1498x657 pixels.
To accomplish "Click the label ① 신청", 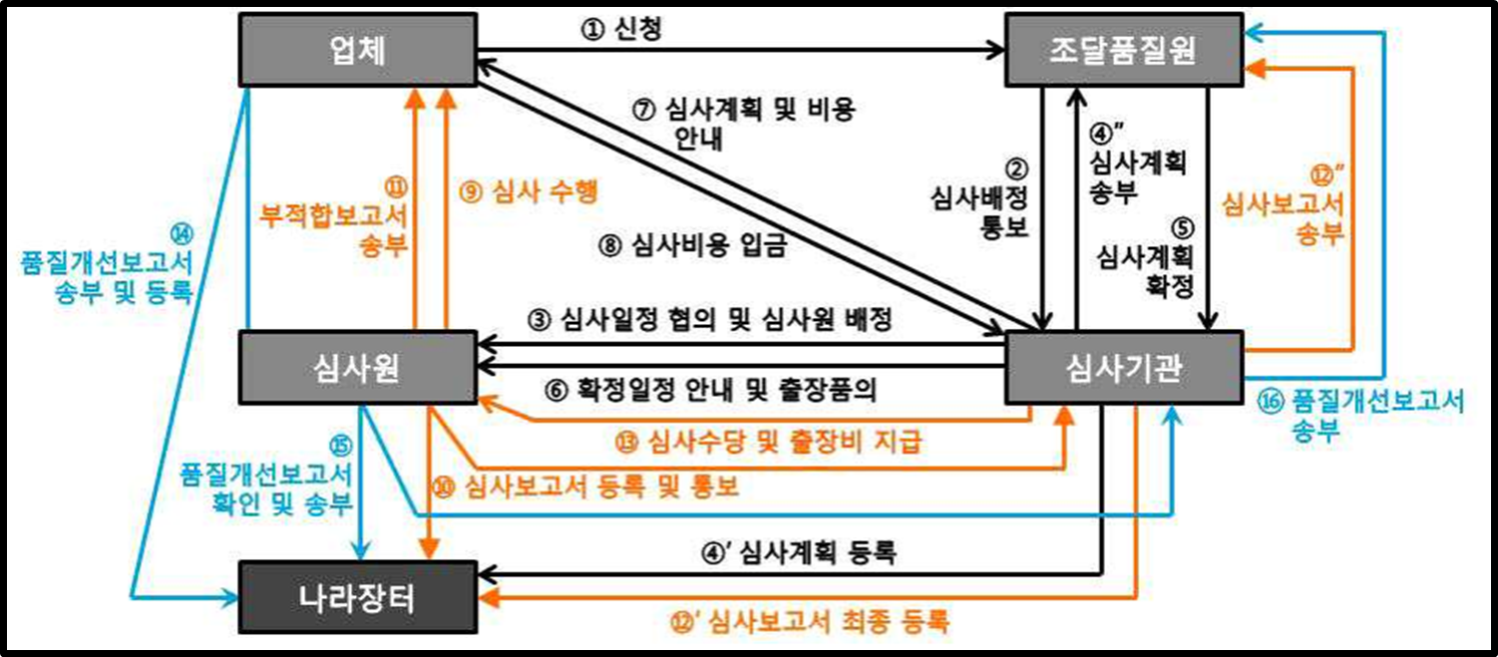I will click(620, 29).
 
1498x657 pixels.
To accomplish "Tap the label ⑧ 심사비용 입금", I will click(694, 245).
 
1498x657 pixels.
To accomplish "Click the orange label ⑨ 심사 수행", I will click(528, 192).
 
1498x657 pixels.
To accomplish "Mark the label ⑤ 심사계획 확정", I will click(1145, 258).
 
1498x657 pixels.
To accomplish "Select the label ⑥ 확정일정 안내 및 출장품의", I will click(710, 390).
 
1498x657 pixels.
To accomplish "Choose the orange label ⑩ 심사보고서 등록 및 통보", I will click(588, 486).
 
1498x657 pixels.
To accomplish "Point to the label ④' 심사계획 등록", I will click(799, 551).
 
